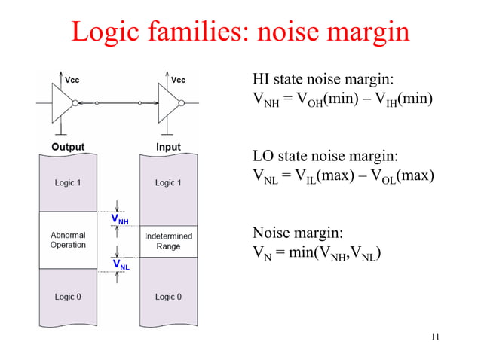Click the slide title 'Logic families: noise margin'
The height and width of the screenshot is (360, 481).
[240, 31]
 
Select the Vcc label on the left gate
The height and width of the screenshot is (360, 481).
[72, 79]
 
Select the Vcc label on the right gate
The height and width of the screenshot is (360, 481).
[179, 79]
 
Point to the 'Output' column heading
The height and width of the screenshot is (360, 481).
[68, 146]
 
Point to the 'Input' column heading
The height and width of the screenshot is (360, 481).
[168, 146]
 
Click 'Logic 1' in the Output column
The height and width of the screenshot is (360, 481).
[68, 182]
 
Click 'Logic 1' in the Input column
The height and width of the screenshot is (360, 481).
[168, 182]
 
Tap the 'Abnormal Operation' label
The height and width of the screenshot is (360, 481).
[68, 239]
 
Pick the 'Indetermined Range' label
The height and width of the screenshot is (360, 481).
[168, 241]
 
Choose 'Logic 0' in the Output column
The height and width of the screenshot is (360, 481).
[68, 297]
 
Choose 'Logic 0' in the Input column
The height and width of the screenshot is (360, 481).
[168, 297]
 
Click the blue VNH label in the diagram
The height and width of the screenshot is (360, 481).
[120, 219]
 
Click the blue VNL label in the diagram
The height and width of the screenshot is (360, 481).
[120, 264]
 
